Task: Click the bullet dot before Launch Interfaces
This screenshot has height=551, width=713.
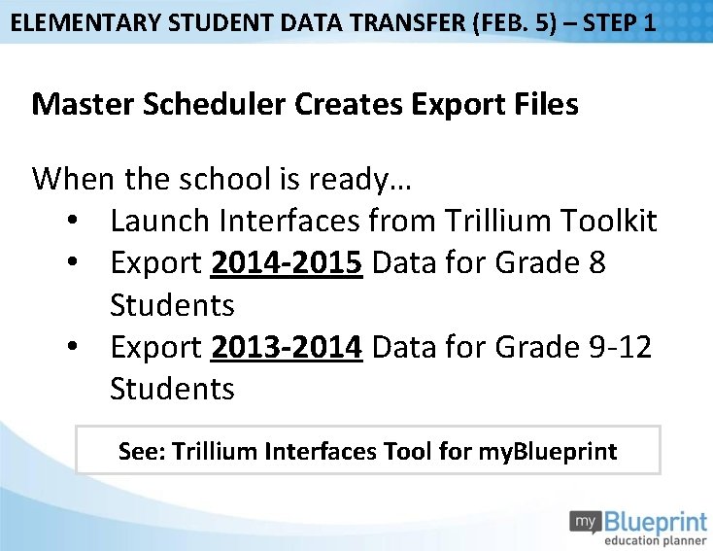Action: coord(74,222)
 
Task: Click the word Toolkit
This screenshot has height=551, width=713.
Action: coord(609,222)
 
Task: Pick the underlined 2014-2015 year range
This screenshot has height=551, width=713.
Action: coord(288,263)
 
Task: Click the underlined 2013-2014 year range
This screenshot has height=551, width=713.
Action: coord(288,347)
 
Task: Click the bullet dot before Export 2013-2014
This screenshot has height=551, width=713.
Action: coord(74,347)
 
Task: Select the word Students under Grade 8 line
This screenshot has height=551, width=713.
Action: coord(172,305)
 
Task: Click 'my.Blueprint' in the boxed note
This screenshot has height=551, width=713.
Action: coord(548,451)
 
